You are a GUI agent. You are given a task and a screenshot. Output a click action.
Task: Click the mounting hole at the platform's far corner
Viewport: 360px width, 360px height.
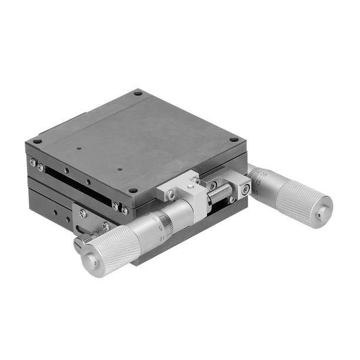point(138,92)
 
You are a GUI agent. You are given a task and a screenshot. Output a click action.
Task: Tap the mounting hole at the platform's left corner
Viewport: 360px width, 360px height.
point(36,141)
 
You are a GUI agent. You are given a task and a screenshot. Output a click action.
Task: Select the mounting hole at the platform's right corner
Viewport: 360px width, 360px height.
point(234,139)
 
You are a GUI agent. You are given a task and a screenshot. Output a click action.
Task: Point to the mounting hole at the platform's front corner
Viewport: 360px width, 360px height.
point(134,191)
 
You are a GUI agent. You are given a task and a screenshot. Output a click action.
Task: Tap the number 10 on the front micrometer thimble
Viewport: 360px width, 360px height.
point(162,238)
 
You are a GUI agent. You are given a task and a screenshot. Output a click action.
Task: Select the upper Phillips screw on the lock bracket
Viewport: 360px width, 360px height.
point(83,214)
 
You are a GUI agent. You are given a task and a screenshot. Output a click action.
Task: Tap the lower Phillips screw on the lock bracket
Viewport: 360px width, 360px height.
point(106,226)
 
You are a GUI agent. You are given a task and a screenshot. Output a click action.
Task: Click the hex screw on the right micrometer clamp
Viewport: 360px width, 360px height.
point(244,190)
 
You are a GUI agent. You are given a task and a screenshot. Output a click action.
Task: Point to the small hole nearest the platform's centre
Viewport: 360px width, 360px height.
point(120,169)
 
